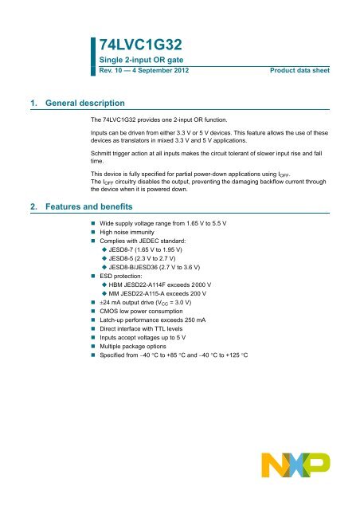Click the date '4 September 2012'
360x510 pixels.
pos(159,72)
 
